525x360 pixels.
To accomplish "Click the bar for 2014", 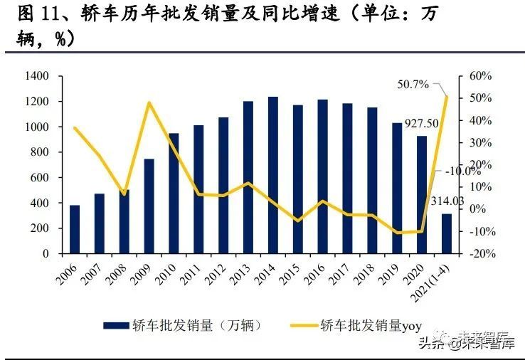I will [x=272, y=175].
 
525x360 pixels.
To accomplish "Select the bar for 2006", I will [x=75, y=229].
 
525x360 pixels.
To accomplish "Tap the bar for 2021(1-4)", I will [x=446, y=233].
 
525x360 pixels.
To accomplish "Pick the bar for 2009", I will [x=149, y=206].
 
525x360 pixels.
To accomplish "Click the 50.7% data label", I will [x=413, y=85].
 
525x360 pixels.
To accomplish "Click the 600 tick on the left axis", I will [x=38, y=178].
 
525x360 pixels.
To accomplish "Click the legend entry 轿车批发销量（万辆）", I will [x=183, y=325].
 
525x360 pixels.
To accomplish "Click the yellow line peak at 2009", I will [x=149, y=102].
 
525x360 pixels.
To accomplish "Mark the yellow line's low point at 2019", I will [x=397, y=233].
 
